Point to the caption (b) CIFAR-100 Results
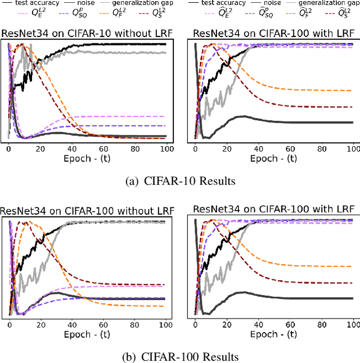coord(180,357)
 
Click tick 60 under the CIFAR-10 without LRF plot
coord(103,148)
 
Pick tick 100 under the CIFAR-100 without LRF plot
coord(166,325)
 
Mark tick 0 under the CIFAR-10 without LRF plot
coord(9,148)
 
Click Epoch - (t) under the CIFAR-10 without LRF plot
coord(88,158)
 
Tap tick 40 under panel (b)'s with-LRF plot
coord(258,325)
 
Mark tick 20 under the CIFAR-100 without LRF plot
coord(40,325)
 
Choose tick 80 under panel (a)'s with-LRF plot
coord(322,148)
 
